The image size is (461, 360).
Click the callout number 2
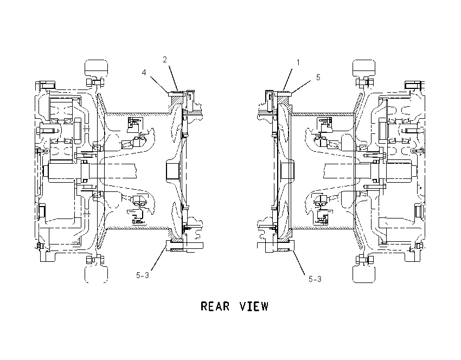click(x=165, y=60)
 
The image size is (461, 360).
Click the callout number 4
click(x=144, y=72)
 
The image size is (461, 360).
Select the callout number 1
click(x=298, y=62)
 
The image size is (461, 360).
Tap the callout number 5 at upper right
click(x=318, y=78)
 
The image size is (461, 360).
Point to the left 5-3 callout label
click(x=143, y=275)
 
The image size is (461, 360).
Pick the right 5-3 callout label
click(x=315, y=279)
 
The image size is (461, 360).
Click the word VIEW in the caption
click(x=254, y=306)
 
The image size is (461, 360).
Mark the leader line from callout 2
click(x=174, y=78)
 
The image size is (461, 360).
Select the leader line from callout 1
click(x=288, y=80)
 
